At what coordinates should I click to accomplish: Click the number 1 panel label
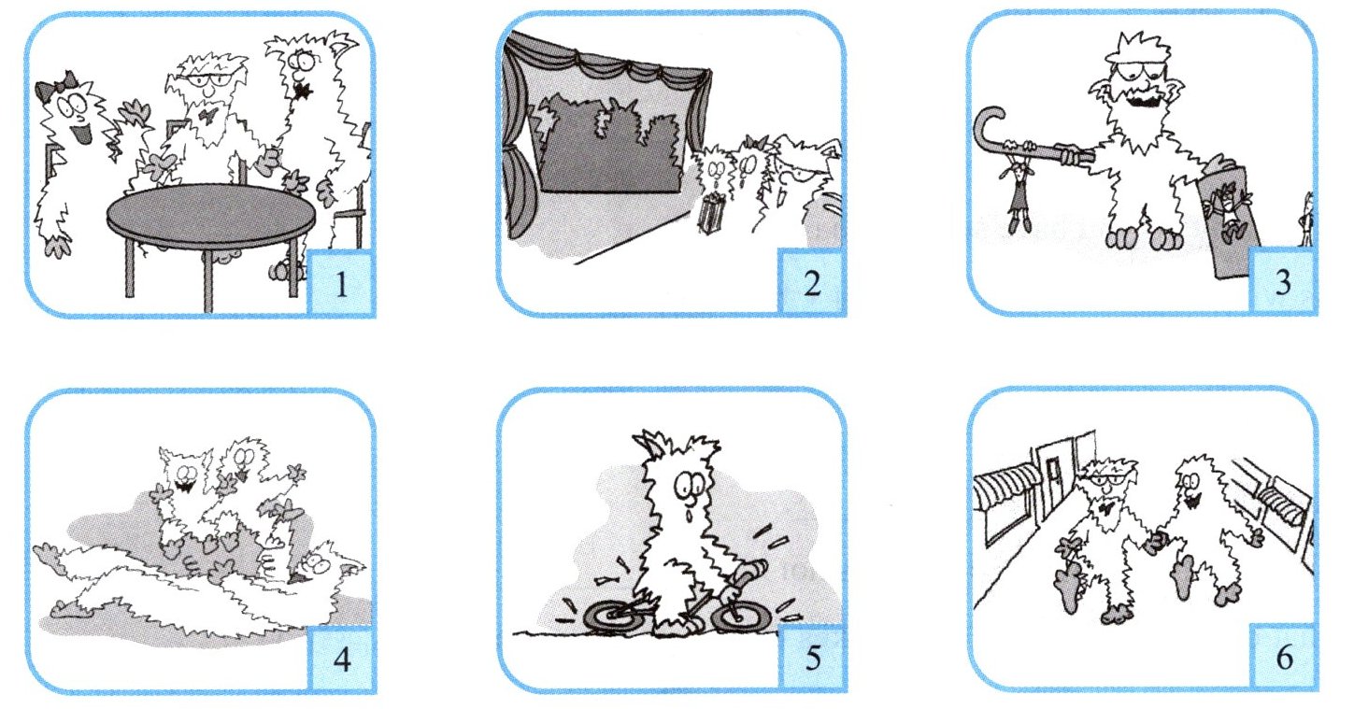(x=341, y=283)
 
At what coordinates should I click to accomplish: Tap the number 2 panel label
(x=812, y=283)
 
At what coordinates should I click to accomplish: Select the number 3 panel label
(x=1283, y=282)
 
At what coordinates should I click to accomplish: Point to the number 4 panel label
(x=342, y=659)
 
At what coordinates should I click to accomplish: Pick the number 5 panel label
(x=813, y=659)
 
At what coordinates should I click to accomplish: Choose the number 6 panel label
(x=1284, y=657)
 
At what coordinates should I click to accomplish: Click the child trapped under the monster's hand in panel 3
(x=1226, y=211)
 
